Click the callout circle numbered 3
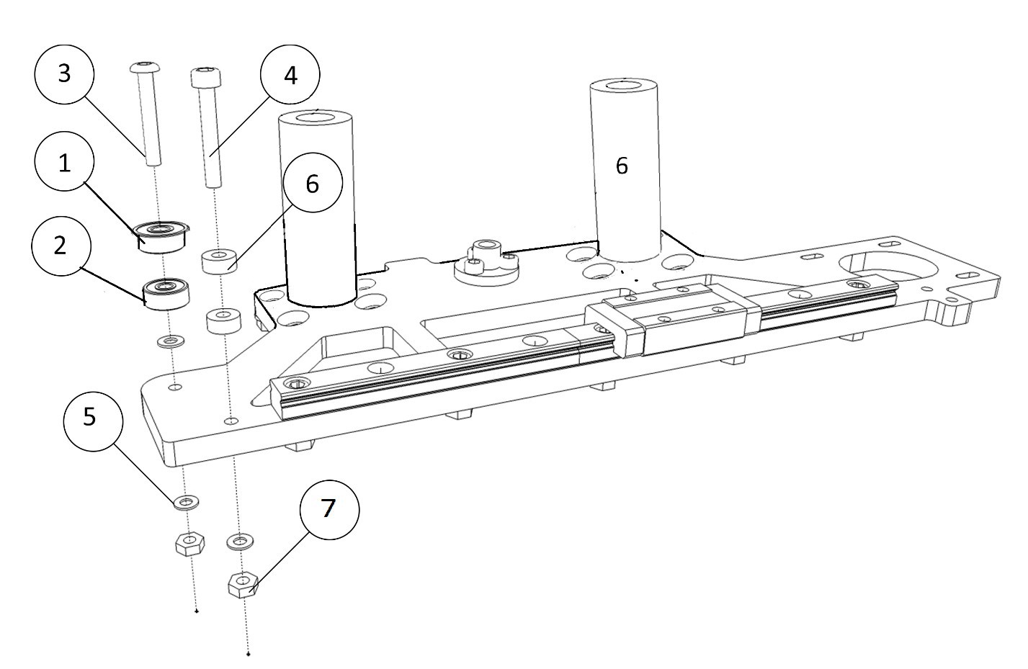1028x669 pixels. point(64,74)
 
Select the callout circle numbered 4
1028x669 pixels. point(290,74)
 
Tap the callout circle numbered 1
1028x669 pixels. point(64,163)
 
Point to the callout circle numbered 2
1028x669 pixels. point(61,246)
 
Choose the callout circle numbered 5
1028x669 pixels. point(93,421)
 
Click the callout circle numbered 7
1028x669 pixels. point(329,510)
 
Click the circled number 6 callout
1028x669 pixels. point(313,182)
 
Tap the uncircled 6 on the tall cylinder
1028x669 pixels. point(622,166)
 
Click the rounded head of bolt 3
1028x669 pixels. point(145,67)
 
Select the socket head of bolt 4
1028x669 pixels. point(206,77)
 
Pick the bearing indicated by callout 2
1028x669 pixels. point(166,293)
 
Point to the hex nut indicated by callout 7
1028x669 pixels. point(243,585)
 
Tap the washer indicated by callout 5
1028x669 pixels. point(186,503)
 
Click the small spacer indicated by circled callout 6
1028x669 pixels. point(220,261)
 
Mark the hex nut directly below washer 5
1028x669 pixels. point(190,544)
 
